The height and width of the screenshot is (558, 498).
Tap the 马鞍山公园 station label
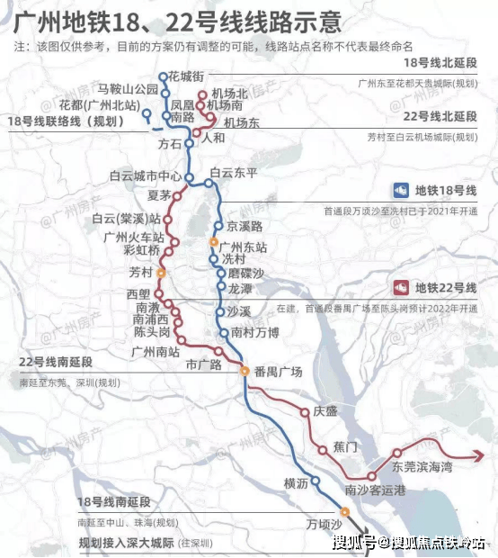pyautogui.click(x=129, y=90)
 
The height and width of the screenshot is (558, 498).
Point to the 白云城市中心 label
pyautogui.click(x=145, y=176)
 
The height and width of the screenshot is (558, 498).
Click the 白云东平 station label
pyautogui.click(x=233, y=172)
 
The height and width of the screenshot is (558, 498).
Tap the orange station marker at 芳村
pyautogui.click(x=161, y=272)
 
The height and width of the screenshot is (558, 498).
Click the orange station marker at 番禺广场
pyautogui.click(x=244, y=371)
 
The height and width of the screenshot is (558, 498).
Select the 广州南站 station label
pyautogui.click(x=156, y=351)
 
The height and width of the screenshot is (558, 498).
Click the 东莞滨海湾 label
pyautogui.click(x=422, y=468)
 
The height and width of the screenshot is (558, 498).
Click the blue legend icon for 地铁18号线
pyautogui.click(x=401, y=191)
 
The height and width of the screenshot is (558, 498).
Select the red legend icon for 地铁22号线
pyautogui.click(x=401, y=288)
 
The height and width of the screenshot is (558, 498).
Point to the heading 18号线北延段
pyautogui.click(x=440, y=63)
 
